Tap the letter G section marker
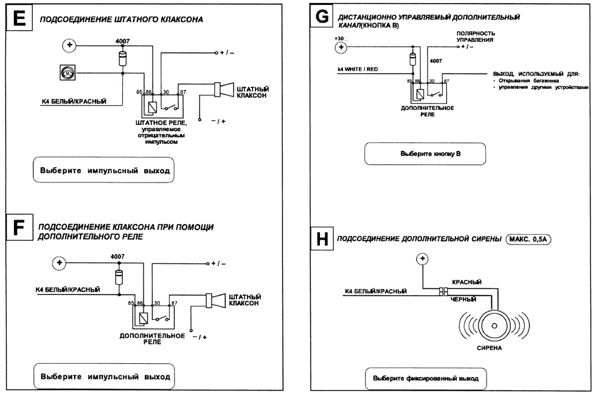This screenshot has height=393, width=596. [x=322, y=17]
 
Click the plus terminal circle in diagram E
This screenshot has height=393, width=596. [x=70, y=45]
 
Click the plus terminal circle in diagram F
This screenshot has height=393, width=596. [x=59, y=263]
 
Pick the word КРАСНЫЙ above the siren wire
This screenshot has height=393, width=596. [x=466, y=282]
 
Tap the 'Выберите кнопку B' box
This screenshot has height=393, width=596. [x=426, y=154]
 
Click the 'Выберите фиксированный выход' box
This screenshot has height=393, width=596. [x=426, y=378]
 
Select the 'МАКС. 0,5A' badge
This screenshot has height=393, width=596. [x=531, y=239]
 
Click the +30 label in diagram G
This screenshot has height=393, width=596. [x=339, y=38]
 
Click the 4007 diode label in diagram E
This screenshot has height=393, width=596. [x=122, y=41]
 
